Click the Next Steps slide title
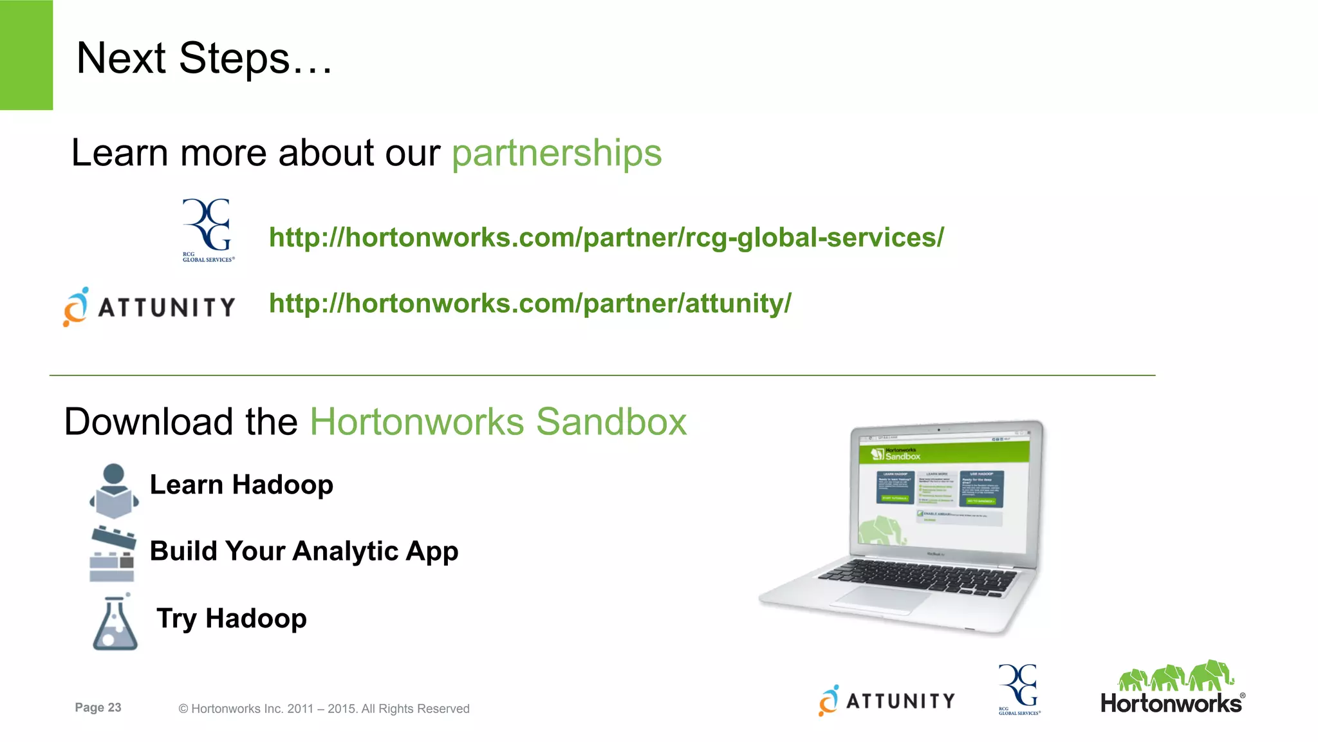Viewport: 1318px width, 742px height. point(204,59)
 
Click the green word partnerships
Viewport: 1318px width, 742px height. point(557,153)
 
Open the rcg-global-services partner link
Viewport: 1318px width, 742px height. point(606,237)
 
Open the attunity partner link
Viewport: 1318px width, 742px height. point(530,303)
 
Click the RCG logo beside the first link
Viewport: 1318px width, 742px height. point(208,230)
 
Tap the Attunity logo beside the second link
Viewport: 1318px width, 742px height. point(149,307)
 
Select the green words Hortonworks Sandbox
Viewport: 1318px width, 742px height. point(498,422)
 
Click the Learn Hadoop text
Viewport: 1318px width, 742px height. point(241,485)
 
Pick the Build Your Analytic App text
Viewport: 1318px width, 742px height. point(304,551)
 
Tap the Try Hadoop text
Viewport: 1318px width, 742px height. point(232,618)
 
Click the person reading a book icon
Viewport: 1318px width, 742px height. point(114,491)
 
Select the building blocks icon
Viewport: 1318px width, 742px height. point(113,554)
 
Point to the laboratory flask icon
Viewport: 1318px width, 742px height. point(115,623)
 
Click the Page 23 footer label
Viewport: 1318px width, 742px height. point(98,707)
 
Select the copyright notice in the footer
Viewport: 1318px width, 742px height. point(324,709)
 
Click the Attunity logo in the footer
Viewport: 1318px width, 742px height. point(887,700)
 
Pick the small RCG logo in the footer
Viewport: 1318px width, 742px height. point(1019,689)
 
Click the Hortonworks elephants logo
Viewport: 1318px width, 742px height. point(1173,687)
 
